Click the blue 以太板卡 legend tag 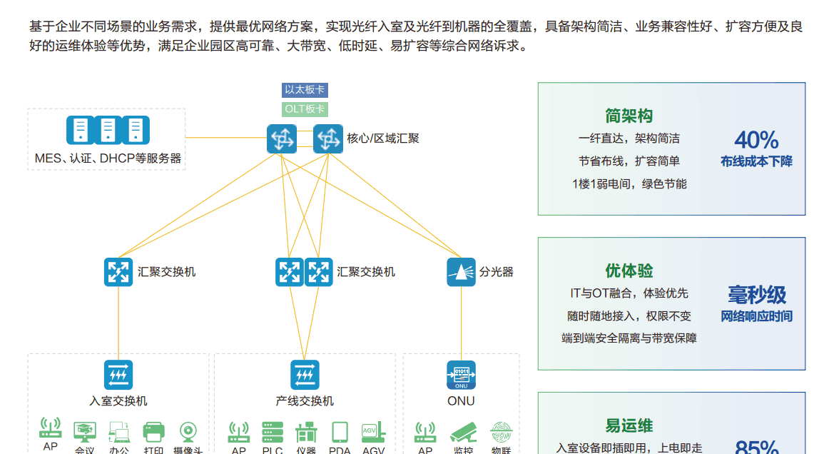tap(305, 90)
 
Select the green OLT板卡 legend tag tap(305, 109)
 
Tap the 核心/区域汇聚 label tap(383, 138)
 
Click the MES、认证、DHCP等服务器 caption tap(108, 158)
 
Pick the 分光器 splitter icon tap(461, 272)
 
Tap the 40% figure tap(756, 139)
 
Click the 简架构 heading tap(629, 116)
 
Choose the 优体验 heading tap(629, 271)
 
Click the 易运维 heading tap(629, 426)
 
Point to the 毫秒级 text tap(757, 294)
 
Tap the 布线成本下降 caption tap(756, 162)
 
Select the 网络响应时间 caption tap(756, 316)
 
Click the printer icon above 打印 tap(153, 431)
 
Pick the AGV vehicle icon tap(373, 432)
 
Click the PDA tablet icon tap(340, 432)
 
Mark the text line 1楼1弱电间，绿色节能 tap(629, 184)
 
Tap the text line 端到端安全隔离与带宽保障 tap(629, 338)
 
